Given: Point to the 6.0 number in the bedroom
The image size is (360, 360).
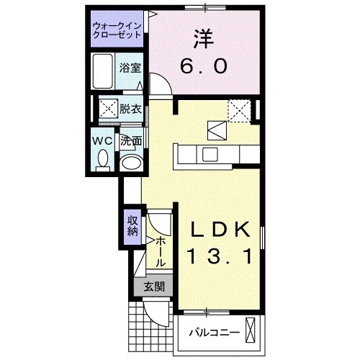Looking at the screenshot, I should coord(203,66).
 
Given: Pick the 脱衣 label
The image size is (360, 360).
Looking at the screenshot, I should coord(130,109).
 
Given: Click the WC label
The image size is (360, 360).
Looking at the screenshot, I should coord(102,140).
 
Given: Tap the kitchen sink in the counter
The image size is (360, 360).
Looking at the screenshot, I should coord(211,153).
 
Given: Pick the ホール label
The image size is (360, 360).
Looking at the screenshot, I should coord(161,251).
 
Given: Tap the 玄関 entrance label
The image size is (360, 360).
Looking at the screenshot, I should coord(153,287).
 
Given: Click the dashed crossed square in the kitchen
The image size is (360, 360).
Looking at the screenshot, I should coord(238,110).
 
